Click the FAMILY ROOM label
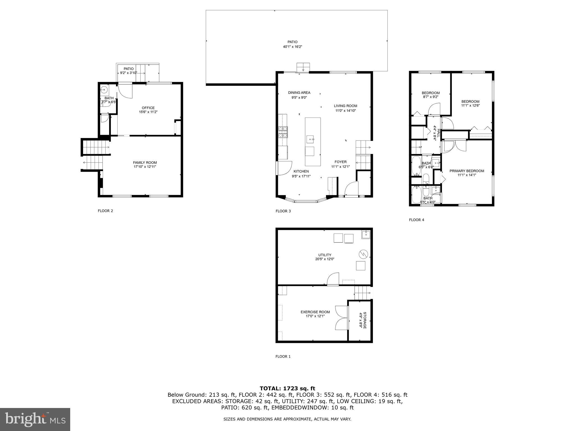(x=145, y=162)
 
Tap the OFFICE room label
(x=148, y=108)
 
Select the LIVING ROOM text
(x=345, y=106)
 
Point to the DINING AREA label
(x=299, y=93)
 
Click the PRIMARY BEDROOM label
(x=467, y=171)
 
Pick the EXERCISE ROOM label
(x=315, y=312)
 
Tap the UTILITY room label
(x=325, y=255)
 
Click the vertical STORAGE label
(x=364, y=320)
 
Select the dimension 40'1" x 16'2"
(x=292, y=47)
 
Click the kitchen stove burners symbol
(x=283, y=132)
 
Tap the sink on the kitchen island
(x=311, y=139)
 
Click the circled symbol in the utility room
(x=363, y=254)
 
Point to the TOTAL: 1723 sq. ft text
(x=287, y=388)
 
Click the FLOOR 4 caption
(x=416, y=220)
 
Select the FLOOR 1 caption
(x=283, y=356)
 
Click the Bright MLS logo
(x=35, y=419)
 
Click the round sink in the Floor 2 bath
(x=104, y=90)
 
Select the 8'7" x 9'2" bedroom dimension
(x=430, y=97)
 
